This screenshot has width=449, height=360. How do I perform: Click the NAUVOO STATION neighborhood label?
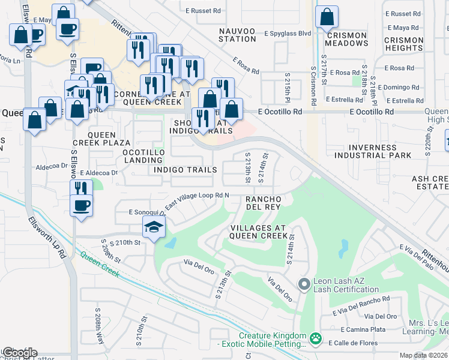(237, 34)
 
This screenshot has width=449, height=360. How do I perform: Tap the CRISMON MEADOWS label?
(346, 40)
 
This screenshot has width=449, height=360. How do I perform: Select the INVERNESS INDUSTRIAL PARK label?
(373, 151)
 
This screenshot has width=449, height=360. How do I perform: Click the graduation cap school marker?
(153, 227)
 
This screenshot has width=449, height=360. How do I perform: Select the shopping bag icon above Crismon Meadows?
(326, 17)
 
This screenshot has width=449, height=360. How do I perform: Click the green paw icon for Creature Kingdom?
(316, 340)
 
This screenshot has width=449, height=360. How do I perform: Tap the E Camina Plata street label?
(363, 329)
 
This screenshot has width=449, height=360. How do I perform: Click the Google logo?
(19, 352)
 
